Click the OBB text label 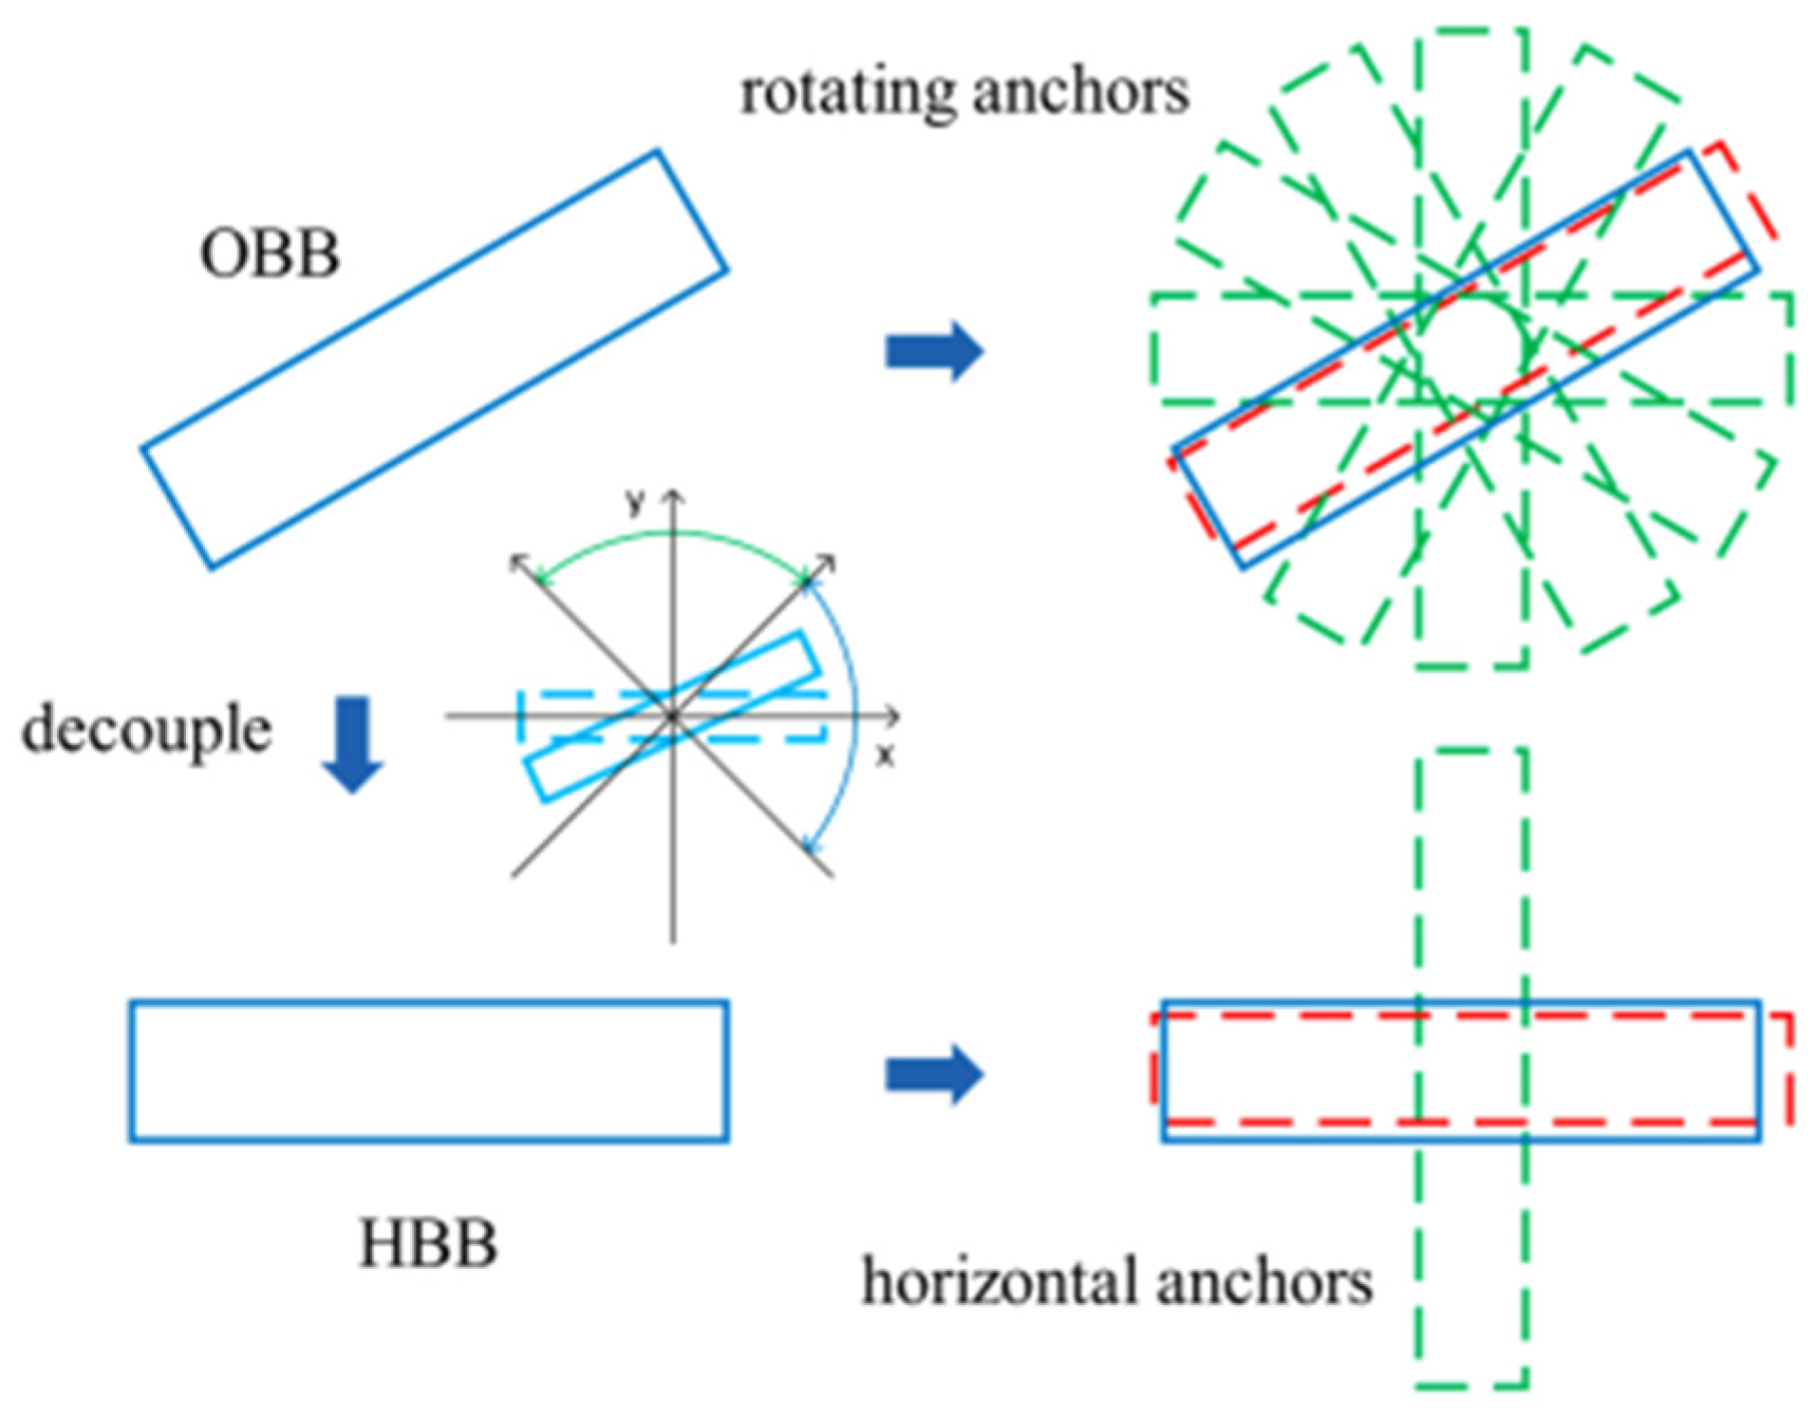click(x=270, y=254)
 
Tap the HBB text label click(x=428, y=1243)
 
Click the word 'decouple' click(x=147, y=730)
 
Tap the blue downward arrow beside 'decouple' click(x=352, y=746)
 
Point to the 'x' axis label click(x=885, y=756)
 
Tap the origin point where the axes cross click(x=673, y=716)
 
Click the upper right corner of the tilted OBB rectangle click(x=657, y=152)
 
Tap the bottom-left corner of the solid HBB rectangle click(x=132, y=1138)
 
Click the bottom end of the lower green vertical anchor click(x=1470, y=1387)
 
